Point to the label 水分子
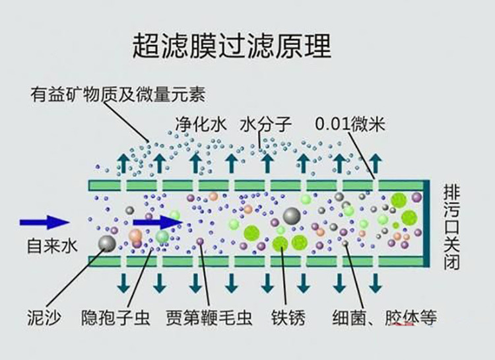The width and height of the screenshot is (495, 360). (x=266, y=124)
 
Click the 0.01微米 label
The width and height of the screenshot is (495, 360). (x=350, y=124)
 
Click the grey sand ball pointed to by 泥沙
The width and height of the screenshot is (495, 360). (x=106, y=244)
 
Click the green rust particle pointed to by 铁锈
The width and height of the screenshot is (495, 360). (x=280, y=244)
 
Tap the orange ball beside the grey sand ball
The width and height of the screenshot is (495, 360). (x=135, y=235)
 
